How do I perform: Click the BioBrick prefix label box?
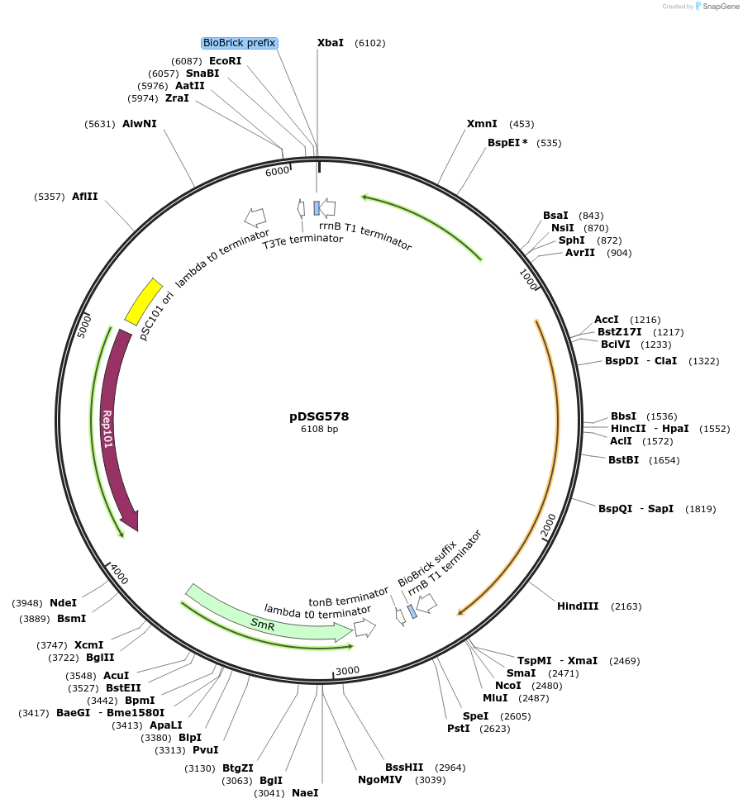[240, 43]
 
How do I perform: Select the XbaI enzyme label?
[331, 43]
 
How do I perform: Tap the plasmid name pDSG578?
[319, 416]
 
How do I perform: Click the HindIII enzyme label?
[578, 606]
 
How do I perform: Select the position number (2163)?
[626, 606]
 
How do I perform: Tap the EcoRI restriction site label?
[226, 61]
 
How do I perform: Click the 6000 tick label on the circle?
[277, 171]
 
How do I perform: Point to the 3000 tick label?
[348, 669]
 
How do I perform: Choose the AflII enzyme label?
[84, 197]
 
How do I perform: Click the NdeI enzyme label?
[64, 602]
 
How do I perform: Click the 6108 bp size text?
[319, 429]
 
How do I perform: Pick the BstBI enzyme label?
[623, 459]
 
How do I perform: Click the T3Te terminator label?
[302, 240]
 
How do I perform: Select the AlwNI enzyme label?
[140, 124]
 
